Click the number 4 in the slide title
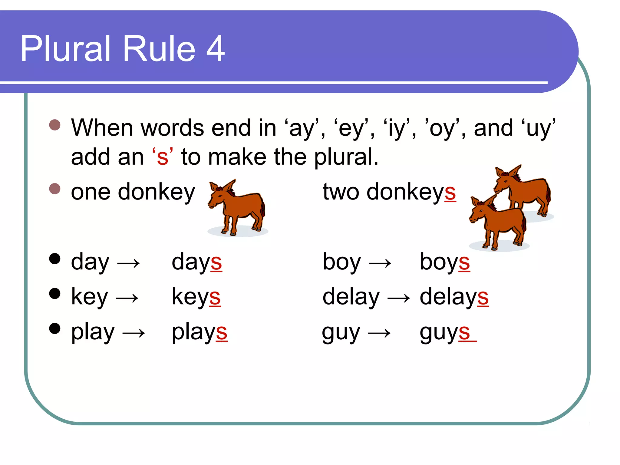pos(215,48)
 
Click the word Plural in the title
pos(65,48)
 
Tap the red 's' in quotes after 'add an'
pos(163,157)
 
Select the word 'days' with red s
pos(197,262)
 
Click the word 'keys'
pos(196,297)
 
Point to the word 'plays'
pos(200,332)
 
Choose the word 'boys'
pos(445,262)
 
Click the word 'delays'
pos(454,297)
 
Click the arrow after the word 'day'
pos(128,263)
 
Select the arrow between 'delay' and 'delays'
pos(399,298)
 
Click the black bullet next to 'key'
pos(55,293)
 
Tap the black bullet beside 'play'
pos(55,328)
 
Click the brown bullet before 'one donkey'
pos(55,189)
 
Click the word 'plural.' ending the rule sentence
pos(346,157)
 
